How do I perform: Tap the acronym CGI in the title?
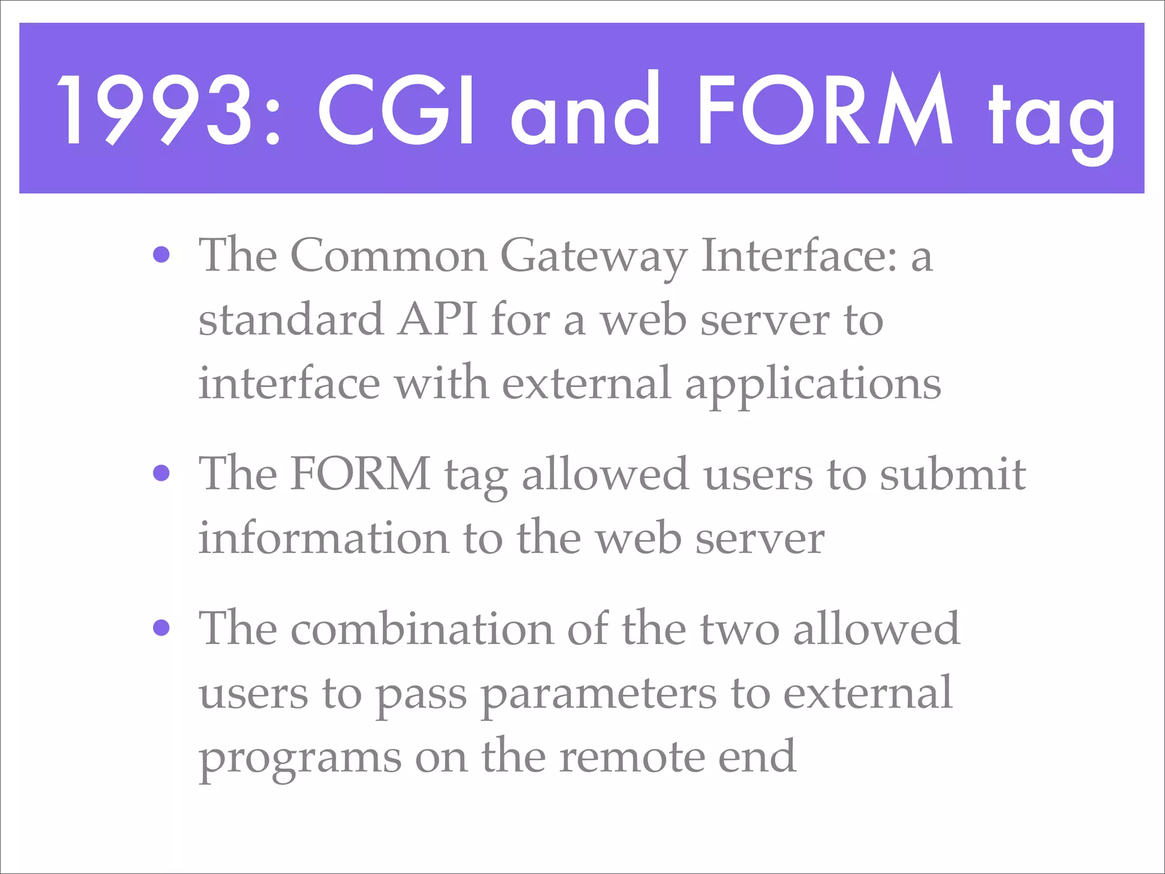coord(395,109)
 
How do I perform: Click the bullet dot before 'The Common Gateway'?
coord(162,254)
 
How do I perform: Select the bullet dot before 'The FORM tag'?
coord(162,473)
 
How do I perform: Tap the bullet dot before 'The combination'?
coord(162,628)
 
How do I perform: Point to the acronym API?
coord(437,320)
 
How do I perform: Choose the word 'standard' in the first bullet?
coord(291,320)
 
